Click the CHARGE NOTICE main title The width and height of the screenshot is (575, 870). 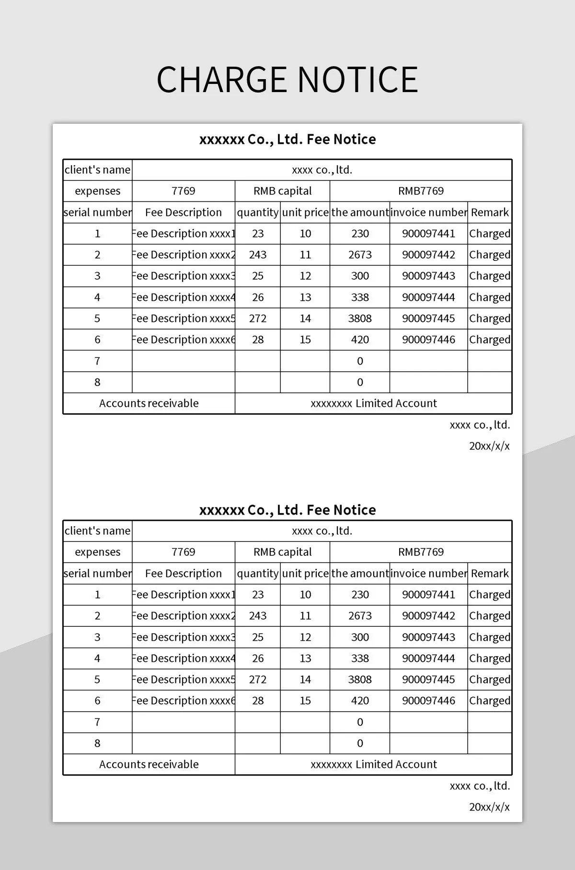[x=287, y=80]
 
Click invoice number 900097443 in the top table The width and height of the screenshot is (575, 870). [x=428, y=276]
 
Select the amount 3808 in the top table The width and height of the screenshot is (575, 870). [x=360, y=318]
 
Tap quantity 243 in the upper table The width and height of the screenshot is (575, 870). [x=258, y=255]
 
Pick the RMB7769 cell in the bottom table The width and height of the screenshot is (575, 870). [x=421, y=552]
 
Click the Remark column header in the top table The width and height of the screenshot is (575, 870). [x=490, y=212]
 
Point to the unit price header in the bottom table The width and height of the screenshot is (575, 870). [x=305, y=574]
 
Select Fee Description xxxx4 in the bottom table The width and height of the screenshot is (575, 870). [x=184, y=658]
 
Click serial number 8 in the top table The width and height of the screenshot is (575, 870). [x=97, y=382]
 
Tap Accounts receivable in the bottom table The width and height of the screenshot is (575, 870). [x=149, y=764]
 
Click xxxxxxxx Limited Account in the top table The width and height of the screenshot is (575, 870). [x=374, y=403]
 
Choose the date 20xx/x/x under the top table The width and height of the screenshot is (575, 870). [x=489, y=446]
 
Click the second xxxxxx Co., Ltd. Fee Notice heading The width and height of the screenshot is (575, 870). [x=287, y=510]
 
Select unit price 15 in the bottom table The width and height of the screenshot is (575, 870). [x=305, y=701]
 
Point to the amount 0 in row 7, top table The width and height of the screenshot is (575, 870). [x=360, y=361]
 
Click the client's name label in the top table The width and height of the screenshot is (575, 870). [x=97, y=170]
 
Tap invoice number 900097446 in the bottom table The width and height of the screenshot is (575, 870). [x=428, y=701]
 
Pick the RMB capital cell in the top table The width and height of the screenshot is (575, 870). [x=282, y=191]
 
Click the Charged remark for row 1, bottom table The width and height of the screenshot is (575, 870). [x=490, y=595]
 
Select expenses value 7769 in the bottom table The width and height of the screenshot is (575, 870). [x=184, y=552]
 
